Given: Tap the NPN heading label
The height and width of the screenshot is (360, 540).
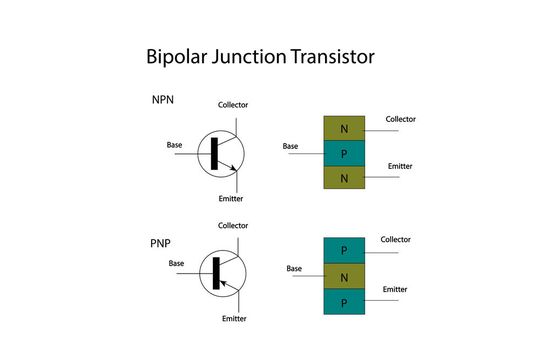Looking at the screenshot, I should pos(162,101).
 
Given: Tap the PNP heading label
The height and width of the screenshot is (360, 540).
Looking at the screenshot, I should pos(161,243).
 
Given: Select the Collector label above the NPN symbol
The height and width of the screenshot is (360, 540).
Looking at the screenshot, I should pos(233,105).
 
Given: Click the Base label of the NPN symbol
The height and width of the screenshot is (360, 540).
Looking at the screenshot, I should pos(175,146).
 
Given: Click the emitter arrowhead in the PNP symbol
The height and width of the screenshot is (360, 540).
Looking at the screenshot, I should pos(223,283).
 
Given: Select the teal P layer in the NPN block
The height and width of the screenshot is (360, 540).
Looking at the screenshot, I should pos(344,153).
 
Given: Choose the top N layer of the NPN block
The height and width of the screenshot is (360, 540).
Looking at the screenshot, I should pos(344,129).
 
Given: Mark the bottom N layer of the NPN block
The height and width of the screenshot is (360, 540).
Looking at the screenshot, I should pos(344,178).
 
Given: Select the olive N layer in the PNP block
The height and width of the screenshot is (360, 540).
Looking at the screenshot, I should pos(344,275).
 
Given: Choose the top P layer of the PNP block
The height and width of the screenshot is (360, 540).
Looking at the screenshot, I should pos(344,250).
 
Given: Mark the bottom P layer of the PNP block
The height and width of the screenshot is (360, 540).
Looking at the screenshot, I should pos(344,301).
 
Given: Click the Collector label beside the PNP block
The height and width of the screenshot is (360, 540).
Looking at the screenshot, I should pos(395,240).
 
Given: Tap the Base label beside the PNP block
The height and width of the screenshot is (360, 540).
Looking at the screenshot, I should pos(294,269).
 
